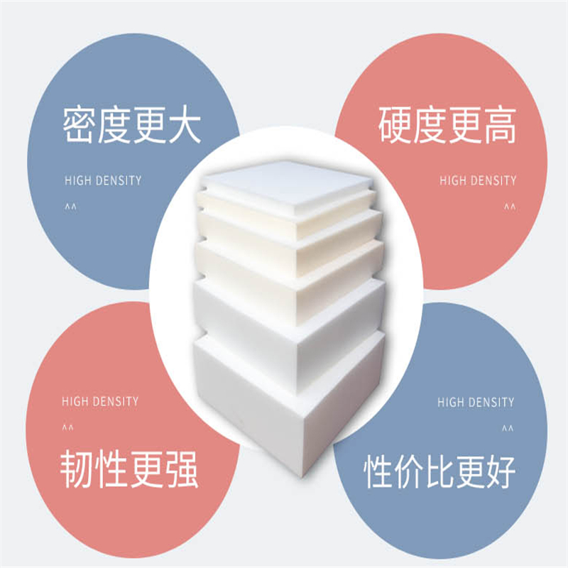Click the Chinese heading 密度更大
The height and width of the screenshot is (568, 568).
132,125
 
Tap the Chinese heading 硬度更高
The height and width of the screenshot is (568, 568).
447,125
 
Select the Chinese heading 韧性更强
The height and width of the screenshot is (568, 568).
129,469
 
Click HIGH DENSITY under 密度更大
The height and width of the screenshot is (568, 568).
103,180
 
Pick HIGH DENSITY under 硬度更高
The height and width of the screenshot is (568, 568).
478,180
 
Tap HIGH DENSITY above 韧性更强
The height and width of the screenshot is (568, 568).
100,402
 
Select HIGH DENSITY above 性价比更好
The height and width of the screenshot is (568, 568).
476,403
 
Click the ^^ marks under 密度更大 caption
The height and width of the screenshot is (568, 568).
70,207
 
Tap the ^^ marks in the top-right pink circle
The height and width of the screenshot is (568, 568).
510,207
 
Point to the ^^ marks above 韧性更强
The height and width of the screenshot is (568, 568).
67,429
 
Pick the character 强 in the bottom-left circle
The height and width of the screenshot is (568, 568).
181,469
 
